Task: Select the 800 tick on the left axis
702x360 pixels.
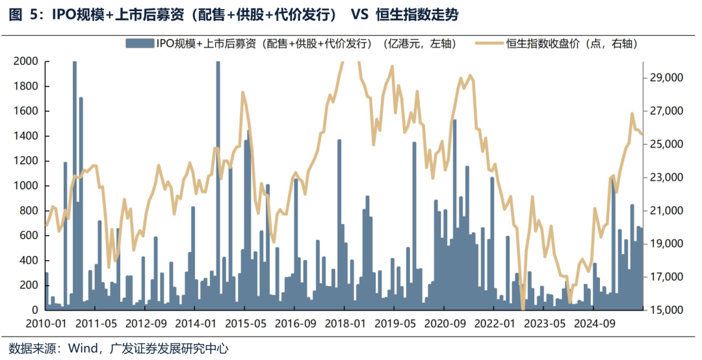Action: coord(27,211)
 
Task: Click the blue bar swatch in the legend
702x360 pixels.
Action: coord(138,44)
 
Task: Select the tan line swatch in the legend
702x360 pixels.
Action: coord(489,44)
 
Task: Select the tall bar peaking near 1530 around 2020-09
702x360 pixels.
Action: coord(454,214)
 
